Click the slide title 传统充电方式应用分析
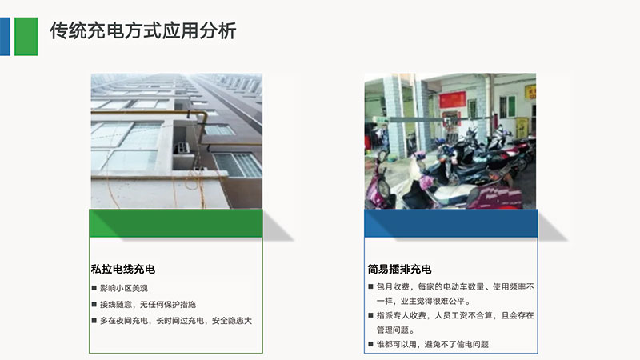click(143, 31)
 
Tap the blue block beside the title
click(5, 36)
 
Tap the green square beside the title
click(26, 36)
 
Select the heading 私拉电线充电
click(123, 269)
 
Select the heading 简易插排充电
click(399, 269)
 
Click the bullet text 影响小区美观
click(124, 288)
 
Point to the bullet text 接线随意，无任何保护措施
click(148, 305)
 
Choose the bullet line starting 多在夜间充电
click(176, 321)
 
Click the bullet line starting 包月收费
click(455, 294)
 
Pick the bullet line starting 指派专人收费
click(455, 322)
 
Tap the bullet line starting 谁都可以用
click(433, 344)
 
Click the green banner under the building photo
click(176, 223)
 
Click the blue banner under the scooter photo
click(451, 223)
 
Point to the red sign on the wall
click(452, 99)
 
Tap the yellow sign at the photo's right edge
click(530, 92)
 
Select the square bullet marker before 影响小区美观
click(94, 288)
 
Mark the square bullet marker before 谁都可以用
click(370, 344)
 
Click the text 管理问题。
click(395, 330)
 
